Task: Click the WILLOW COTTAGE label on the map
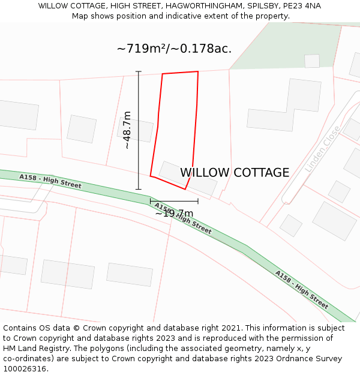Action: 235,173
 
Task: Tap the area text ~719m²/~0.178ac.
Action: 174,49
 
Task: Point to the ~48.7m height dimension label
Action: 127,130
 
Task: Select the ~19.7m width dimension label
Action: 174,214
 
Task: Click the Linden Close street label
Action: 323,149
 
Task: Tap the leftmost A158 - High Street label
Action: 50,181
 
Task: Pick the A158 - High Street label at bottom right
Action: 302,290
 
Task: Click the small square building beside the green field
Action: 312,61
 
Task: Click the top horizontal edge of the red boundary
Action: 180,73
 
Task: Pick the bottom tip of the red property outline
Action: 185,189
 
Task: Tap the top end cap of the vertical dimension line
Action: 139,71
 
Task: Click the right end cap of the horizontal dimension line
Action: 198,201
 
